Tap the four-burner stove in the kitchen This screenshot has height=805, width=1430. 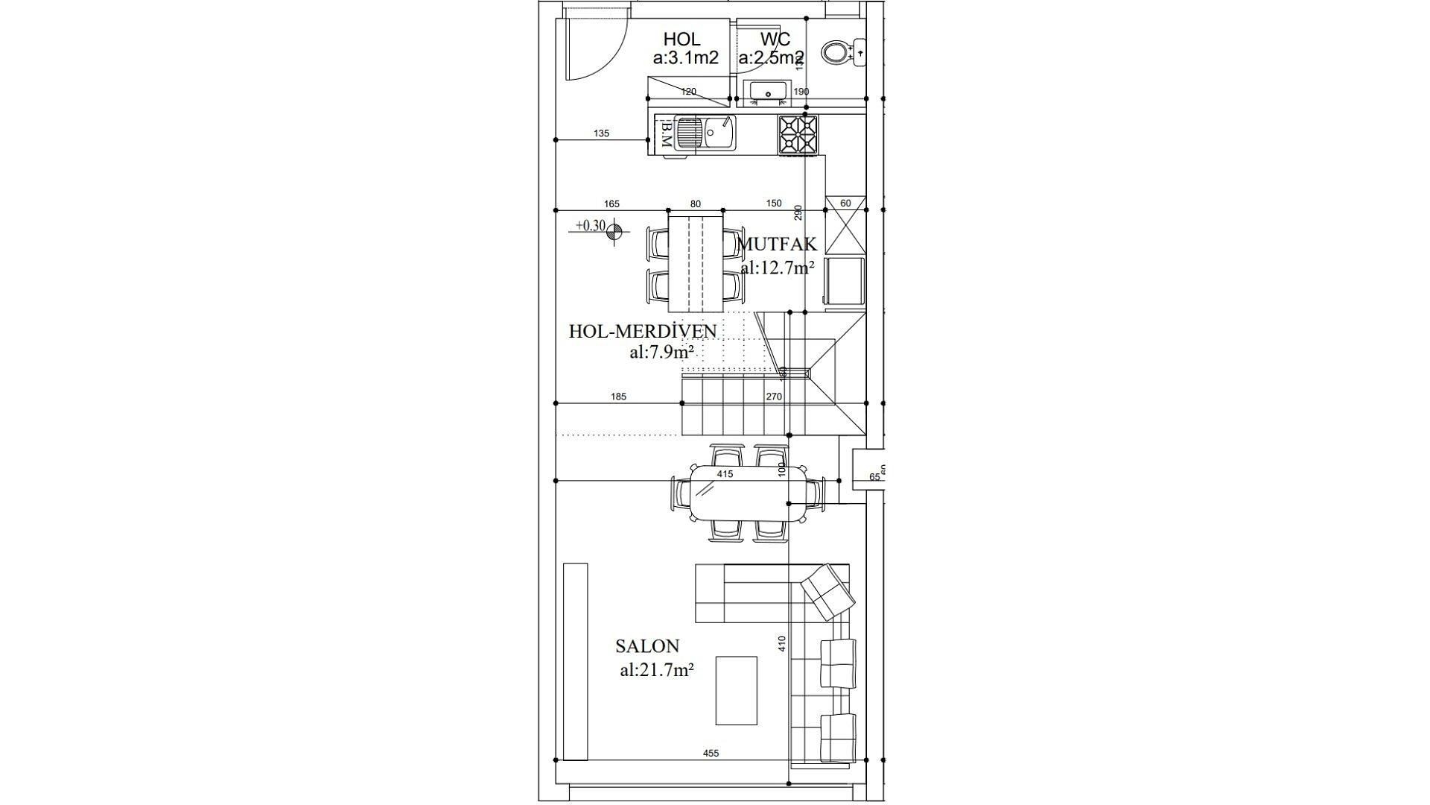[x=798, y=135]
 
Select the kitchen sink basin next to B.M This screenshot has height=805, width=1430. [x=705, y=134]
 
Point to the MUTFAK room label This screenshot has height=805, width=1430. [x=778, y=244]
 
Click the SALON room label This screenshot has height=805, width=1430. [x=647, y=646]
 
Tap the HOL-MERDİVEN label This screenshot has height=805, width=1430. [x=643, y=331]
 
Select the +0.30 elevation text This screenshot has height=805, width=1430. [x=591, y=225]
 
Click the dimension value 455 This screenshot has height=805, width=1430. [x=711, y=754]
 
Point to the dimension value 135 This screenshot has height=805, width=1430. [x=601, y=133]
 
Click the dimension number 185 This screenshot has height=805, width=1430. [x=618, y=397]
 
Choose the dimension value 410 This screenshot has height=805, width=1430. [x=782, y=643]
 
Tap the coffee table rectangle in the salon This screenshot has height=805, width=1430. [x=737, y=690]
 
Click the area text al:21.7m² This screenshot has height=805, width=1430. [x=657, y=669]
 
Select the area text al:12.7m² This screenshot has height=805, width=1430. [x=777, y=268]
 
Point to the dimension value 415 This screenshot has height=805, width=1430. [x=725, y=474]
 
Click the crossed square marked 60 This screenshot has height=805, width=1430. [x=845, y=226]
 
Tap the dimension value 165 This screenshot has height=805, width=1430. [x=611, y=204]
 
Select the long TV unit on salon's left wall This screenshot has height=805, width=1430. [x=576, y=661]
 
